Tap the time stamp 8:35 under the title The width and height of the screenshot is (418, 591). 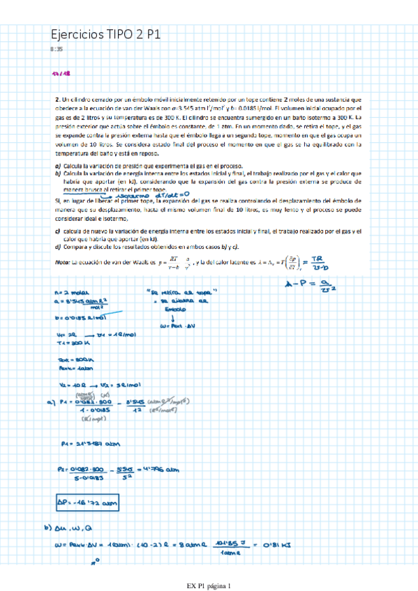pos(57,49)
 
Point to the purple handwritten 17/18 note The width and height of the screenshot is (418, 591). pos(61,73)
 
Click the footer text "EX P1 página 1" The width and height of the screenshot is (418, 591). pos(209,585)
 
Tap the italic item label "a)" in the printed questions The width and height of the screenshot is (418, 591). pos(58,165)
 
